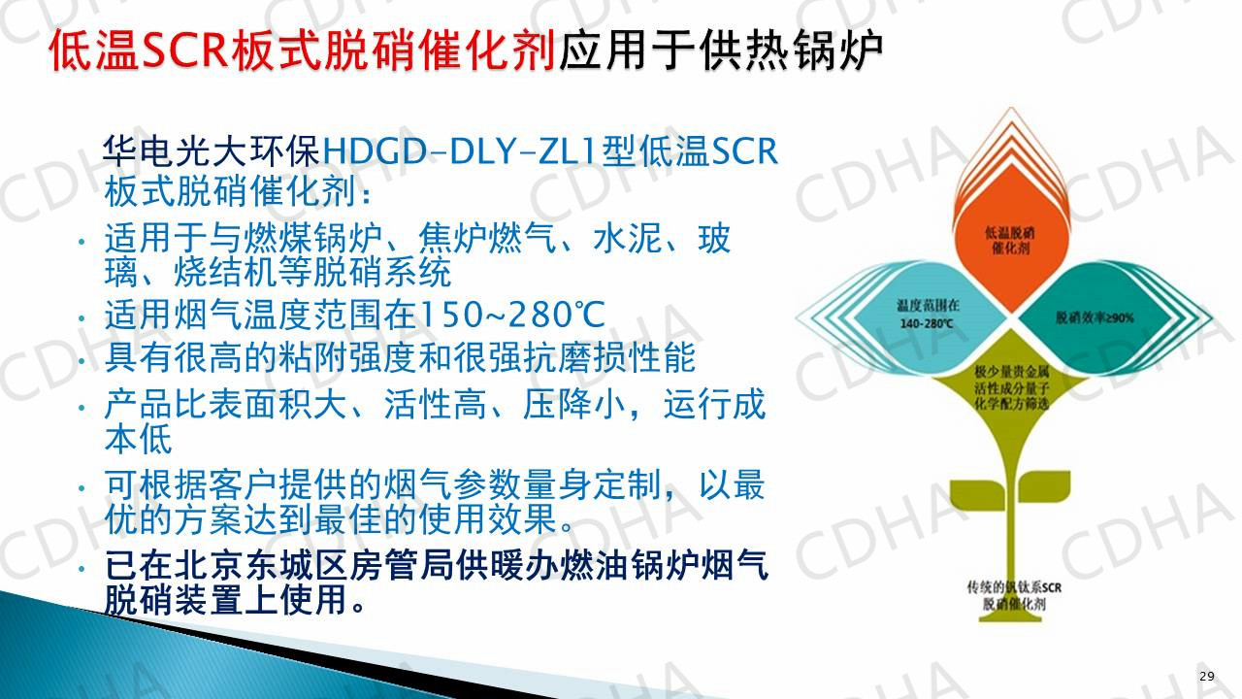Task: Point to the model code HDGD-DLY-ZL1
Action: pyautogui.click(x=459, y=150)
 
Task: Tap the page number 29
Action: pyautogui.click(x=1207, y=677)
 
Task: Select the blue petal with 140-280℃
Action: pyautogui.click(x=925, y=316)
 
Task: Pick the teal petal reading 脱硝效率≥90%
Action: pyautogui.click(x=1095, y=317)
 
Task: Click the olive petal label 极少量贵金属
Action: pyautogui.click(x=1012, y=372)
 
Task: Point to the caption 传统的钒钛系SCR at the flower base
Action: pyautogui.click(x=1014, y=587)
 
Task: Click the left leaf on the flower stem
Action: pyautogui.click(x=978, y=491)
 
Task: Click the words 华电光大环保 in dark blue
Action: pyautogui.click(x=212, y=150)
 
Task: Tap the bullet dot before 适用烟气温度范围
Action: pyautogui.click(x=82, y=317)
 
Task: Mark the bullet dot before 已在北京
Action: pyautogui.click(x=82, y=569)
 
